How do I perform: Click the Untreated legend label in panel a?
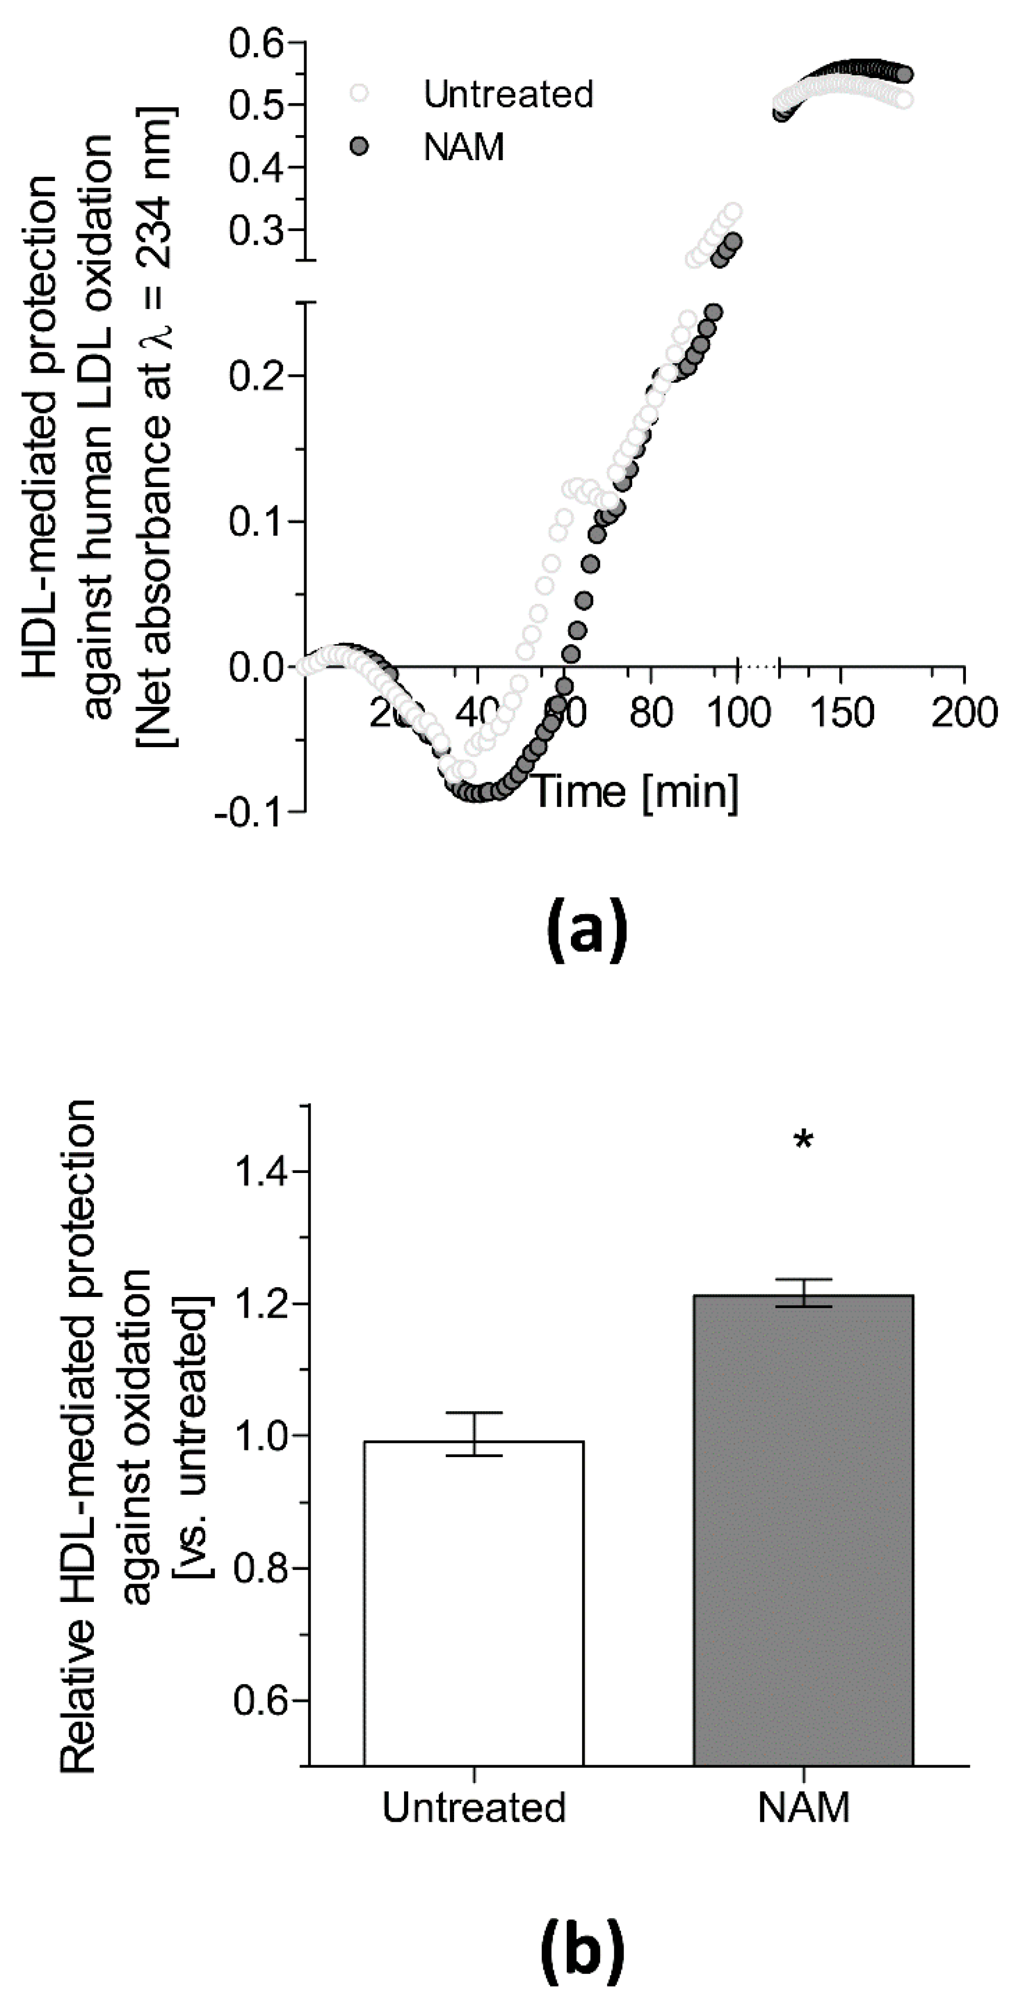[x=508, y=94]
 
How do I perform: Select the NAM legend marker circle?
[x=359, y=146]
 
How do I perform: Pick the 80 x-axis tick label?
[x=652, y=712]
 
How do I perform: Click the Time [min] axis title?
[x=635, y=791]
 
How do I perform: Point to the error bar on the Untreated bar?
[x=473, y=1434]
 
